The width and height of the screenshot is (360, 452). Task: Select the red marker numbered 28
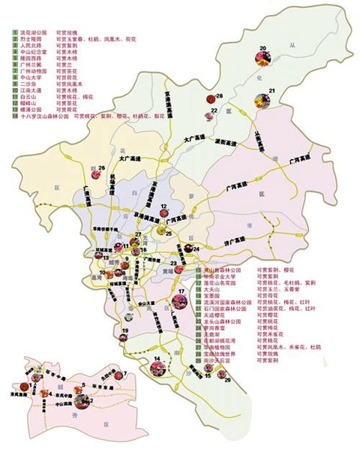point(210,98)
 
